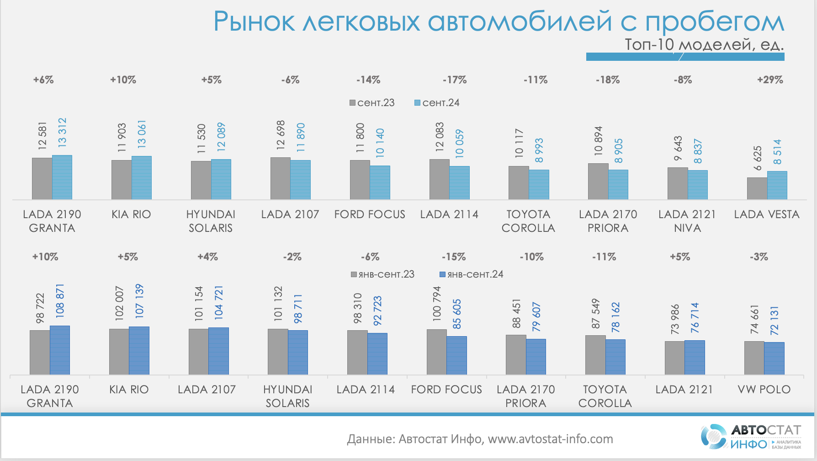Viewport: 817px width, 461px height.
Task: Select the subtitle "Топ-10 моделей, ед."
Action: point(704,45)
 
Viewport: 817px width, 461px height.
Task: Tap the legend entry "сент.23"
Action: point(372,103)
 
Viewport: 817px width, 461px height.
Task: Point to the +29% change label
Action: point(770,80)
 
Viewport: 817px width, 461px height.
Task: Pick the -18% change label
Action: point(608,80)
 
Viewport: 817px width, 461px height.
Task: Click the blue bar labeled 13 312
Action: point(62,177)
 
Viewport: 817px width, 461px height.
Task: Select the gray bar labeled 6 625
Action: point(757,188)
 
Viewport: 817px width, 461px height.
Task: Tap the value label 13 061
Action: point(142,134)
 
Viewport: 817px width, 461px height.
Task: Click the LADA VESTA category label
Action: point(766,214)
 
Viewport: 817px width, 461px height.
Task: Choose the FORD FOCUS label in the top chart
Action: point(370,214)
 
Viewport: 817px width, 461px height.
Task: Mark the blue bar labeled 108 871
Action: point(60,350)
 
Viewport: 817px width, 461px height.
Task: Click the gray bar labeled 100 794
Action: point(436,352)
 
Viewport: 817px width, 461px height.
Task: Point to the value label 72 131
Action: point(774,321)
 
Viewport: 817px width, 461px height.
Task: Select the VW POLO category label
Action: point(764,390)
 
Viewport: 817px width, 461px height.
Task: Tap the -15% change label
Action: point(454,257)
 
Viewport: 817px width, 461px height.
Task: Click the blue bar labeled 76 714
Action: point(695,358)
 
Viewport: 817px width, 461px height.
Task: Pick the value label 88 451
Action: point(516,314)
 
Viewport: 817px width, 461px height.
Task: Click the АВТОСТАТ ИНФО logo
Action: point(751,437)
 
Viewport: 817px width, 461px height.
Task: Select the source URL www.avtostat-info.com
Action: point(550,439)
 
